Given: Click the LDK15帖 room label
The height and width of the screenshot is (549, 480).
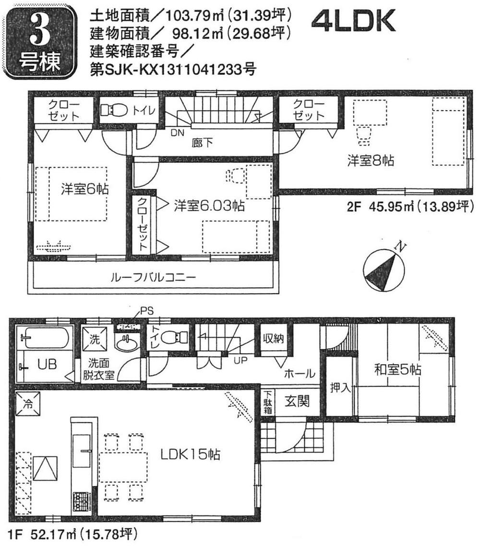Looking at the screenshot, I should [x=189, y=453].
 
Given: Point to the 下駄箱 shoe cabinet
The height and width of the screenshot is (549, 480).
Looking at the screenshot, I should [x=268, y=402].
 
